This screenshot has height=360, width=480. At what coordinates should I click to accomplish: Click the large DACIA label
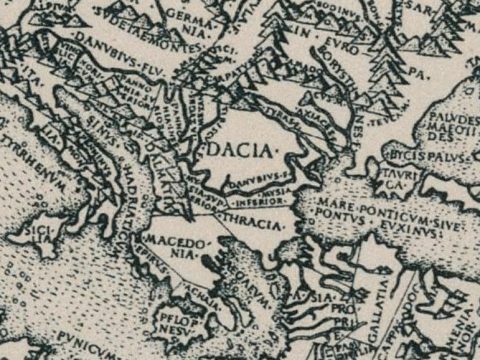pyautogui.click(x=240, y=150)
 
